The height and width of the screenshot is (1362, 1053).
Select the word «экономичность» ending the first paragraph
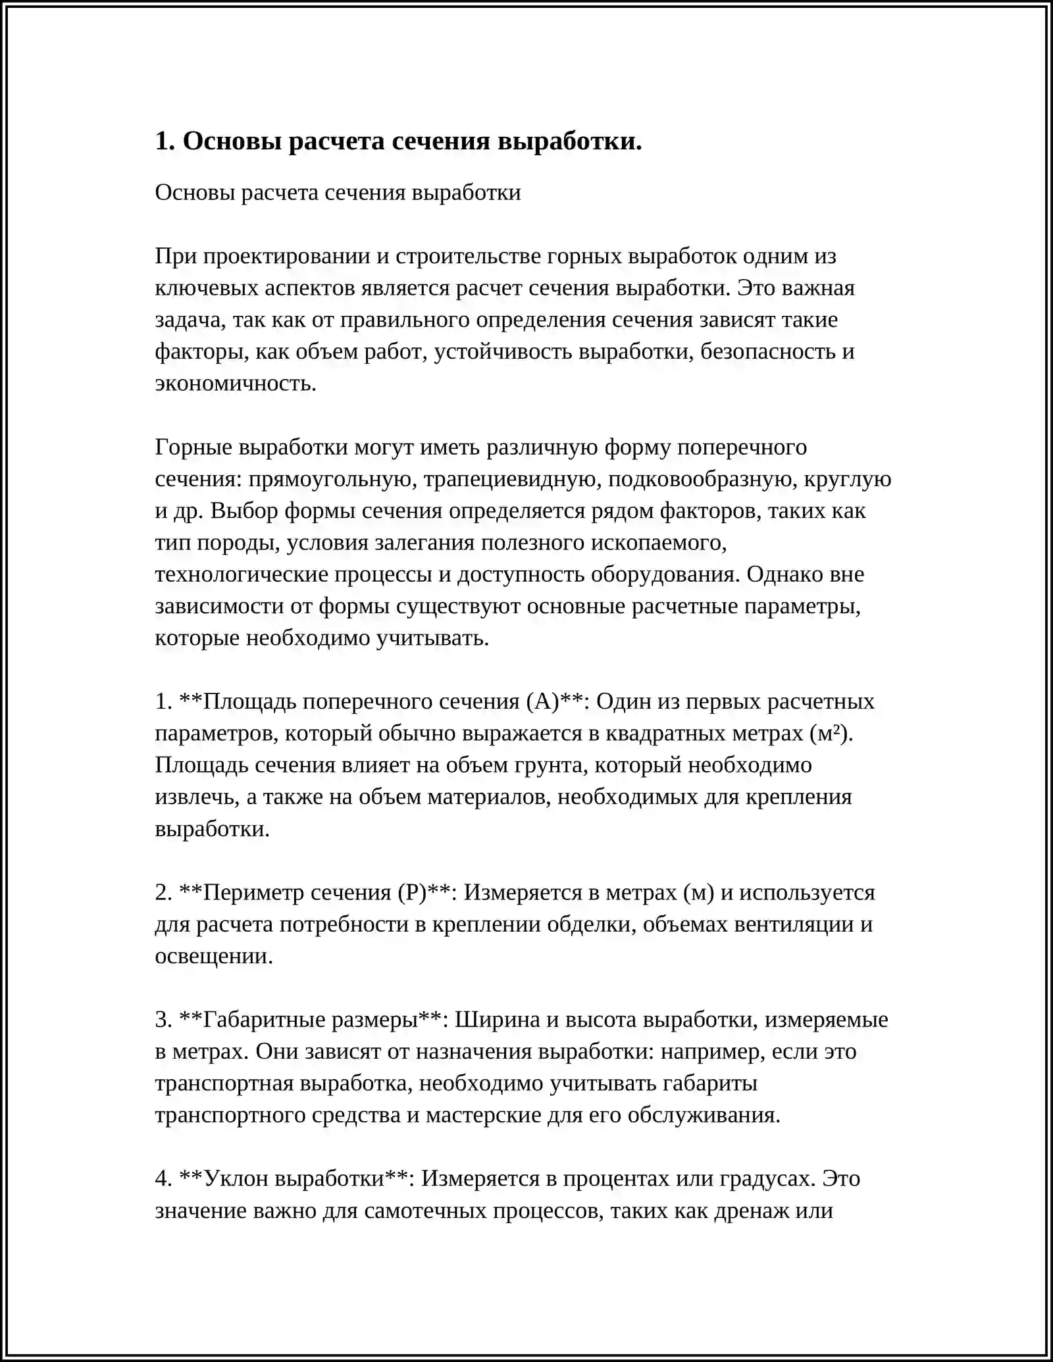(x=235, y=383)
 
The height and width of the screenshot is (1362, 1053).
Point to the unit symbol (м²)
(x=831, y=733)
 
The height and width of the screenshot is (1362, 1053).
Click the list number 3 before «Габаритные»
(x=163, y=1019)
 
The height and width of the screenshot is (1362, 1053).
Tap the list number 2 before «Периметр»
(x=163, y=892)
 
